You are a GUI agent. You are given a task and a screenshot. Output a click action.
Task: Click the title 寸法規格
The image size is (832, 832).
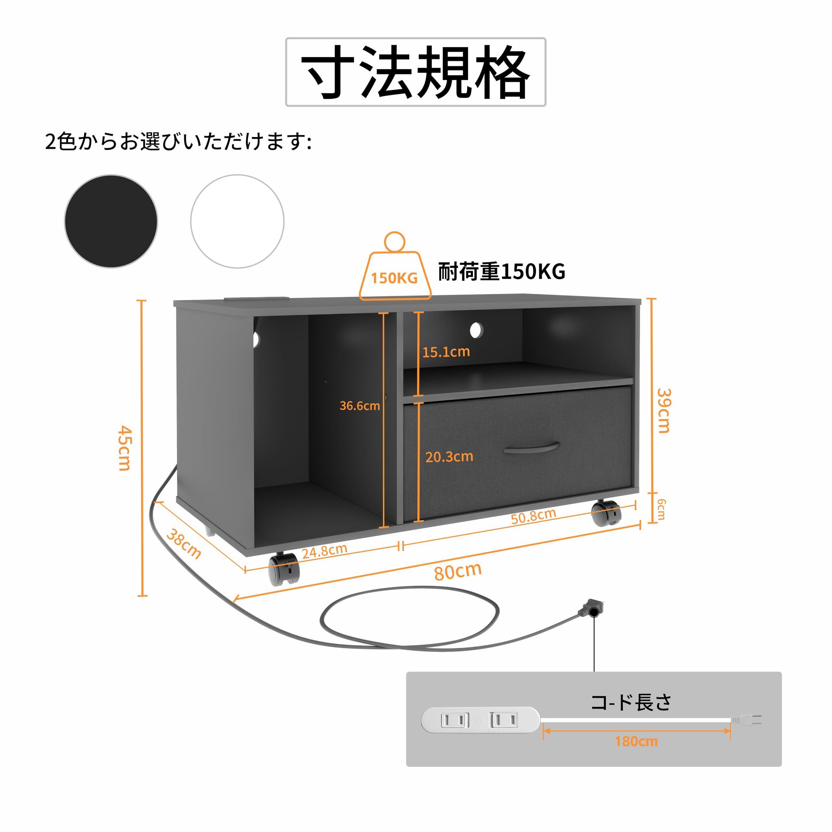(x=416, y=72)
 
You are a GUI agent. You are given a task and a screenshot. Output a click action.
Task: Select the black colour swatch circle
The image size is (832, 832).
(x=111, y=221)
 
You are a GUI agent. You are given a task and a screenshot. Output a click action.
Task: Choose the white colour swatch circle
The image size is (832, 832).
(x=237, y=221)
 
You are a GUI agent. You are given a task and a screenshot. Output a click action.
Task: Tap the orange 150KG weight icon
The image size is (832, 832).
(x=395, y=271)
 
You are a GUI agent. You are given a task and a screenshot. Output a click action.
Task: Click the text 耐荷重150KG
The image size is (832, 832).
(x=502, y=272)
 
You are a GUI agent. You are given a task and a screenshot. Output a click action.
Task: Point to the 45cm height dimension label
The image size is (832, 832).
(x=125, y=448)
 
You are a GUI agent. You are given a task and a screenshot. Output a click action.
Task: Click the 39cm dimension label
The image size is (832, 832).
(x=664, y=410)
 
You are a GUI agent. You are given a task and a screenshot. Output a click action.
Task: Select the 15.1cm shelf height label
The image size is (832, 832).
(x=446, y=352)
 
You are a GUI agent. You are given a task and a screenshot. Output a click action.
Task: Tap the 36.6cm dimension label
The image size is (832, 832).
(x=359, y=406)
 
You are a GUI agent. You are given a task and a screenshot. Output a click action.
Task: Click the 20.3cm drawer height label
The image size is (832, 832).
(x=449, y=457)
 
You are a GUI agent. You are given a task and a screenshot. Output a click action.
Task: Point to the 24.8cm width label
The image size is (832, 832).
(x=324, y=551)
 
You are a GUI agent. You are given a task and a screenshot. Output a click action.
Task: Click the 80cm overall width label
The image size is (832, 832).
(x=458, y=571)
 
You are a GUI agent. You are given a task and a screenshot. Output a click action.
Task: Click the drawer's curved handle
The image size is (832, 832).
(x=531, y=448)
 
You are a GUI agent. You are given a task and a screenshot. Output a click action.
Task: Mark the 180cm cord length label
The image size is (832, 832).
(x=636, y=742)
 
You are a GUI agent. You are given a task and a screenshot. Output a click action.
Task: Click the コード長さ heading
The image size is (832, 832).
(x=631, y=702)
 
